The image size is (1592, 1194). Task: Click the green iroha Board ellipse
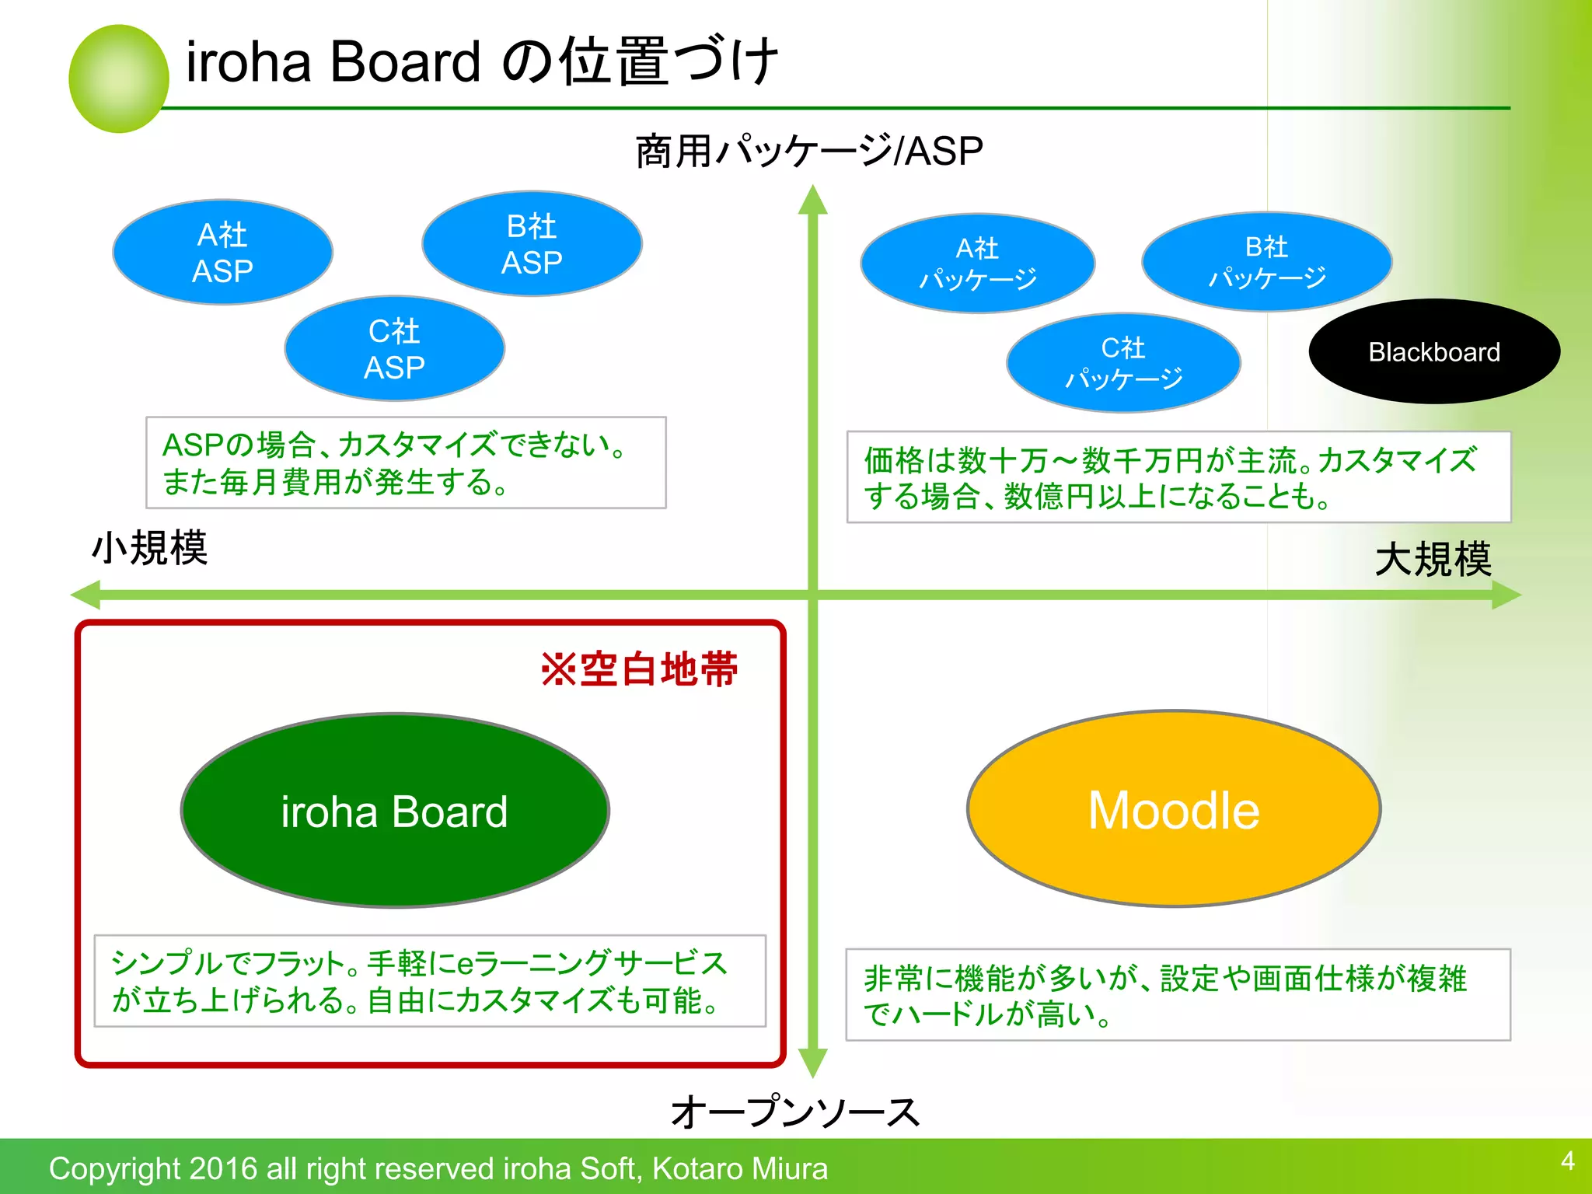pos(395,811)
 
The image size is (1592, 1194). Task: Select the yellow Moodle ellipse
pos(1174,809)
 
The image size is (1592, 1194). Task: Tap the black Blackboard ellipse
pos(1434,351)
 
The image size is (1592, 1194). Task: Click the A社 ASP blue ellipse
pos(223,252)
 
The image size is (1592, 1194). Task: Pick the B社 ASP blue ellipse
pos(532,244)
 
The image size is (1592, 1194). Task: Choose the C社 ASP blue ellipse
pos(395,348)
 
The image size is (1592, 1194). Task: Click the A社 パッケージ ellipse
pos(978,264)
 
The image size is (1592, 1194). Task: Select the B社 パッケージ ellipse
pos(1267,262)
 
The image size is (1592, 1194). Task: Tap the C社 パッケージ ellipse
pos(1123,363)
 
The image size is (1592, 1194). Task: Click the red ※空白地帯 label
pos(639,669)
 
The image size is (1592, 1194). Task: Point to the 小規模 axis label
pos(150,548)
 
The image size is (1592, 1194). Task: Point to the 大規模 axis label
pos(1433,560)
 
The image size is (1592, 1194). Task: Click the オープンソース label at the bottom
pos(794,1112)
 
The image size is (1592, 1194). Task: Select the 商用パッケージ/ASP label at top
pos(809,151)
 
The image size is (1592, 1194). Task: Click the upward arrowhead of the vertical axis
pos(812,201)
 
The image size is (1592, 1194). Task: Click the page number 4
pos(1567,1161)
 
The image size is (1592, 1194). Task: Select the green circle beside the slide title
pos(119,79)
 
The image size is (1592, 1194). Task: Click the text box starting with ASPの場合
pos(406,463)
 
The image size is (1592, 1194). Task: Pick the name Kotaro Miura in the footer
pos(739,1168)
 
